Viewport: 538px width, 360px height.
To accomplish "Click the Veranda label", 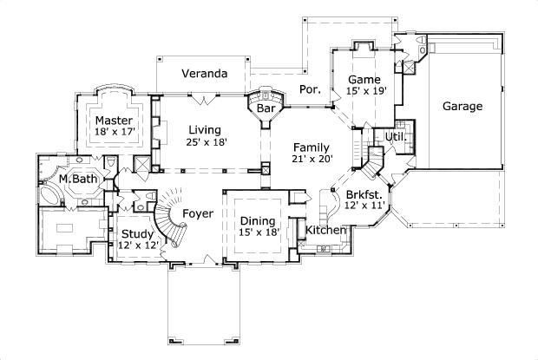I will pos(204,74).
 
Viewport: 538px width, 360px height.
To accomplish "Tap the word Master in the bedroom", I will pos(114,120).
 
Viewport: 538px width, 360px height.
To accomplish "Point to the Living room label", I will pos(206,129).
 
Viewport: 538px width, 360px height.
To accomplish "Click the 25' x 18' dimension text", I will pos(206,142).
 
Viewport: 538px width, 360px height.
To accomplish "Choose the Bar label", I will pos(266,109).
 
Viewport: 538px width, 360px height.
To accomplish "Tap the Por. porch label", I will pos(310,88).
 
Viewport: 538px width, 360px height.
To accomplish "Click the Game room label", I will pos(365,78).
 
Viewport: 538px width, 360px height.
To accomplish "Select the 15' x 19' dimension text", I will pos(365,90).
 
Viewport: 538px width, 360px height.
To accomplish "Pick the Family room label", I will pos(311,147).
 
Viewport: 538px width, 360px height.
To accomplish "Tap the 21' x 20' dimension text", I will pos(311,160).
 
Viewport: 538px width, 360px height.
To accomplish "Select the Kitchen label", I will pos(326,231).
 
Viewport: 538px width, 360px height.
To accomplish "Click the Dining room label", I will pos(258,220).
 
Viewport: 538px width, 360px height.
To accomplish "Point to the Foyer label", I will pos(198,213).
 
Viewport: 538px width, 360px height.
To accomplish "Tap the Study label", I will pos(136,233).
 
